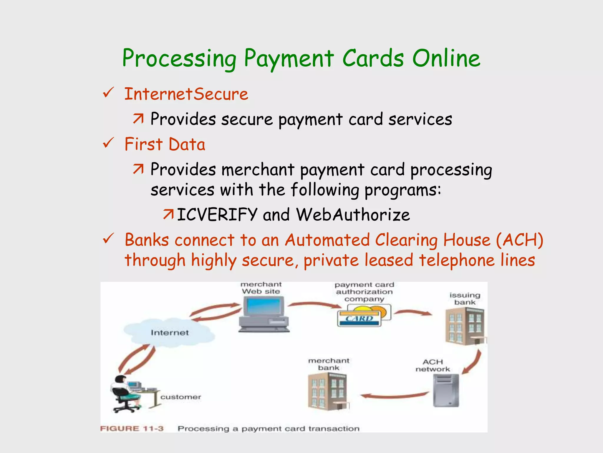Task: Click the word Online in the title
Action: click(446, 58)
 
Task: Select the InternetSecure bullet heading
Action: click(186, 94)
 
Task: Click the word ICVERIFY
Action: click(217, 214)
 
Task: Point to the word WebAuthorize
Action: click(353, 214)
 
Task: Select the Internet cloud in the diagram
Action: click(170, 331)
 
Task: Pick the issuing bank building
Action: click(465, 326)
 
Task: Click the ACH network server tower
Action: click(446, 390)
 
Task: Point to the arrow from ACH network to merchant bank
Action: click(395, 396)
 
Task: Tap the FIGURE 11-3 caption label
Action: click(132, 429)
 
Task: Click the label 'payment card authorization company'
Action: click(364, 292)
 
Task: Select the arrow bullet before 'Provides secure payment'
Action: click(138, 119)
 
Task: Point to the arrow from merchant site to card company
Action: click(314, 305)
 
